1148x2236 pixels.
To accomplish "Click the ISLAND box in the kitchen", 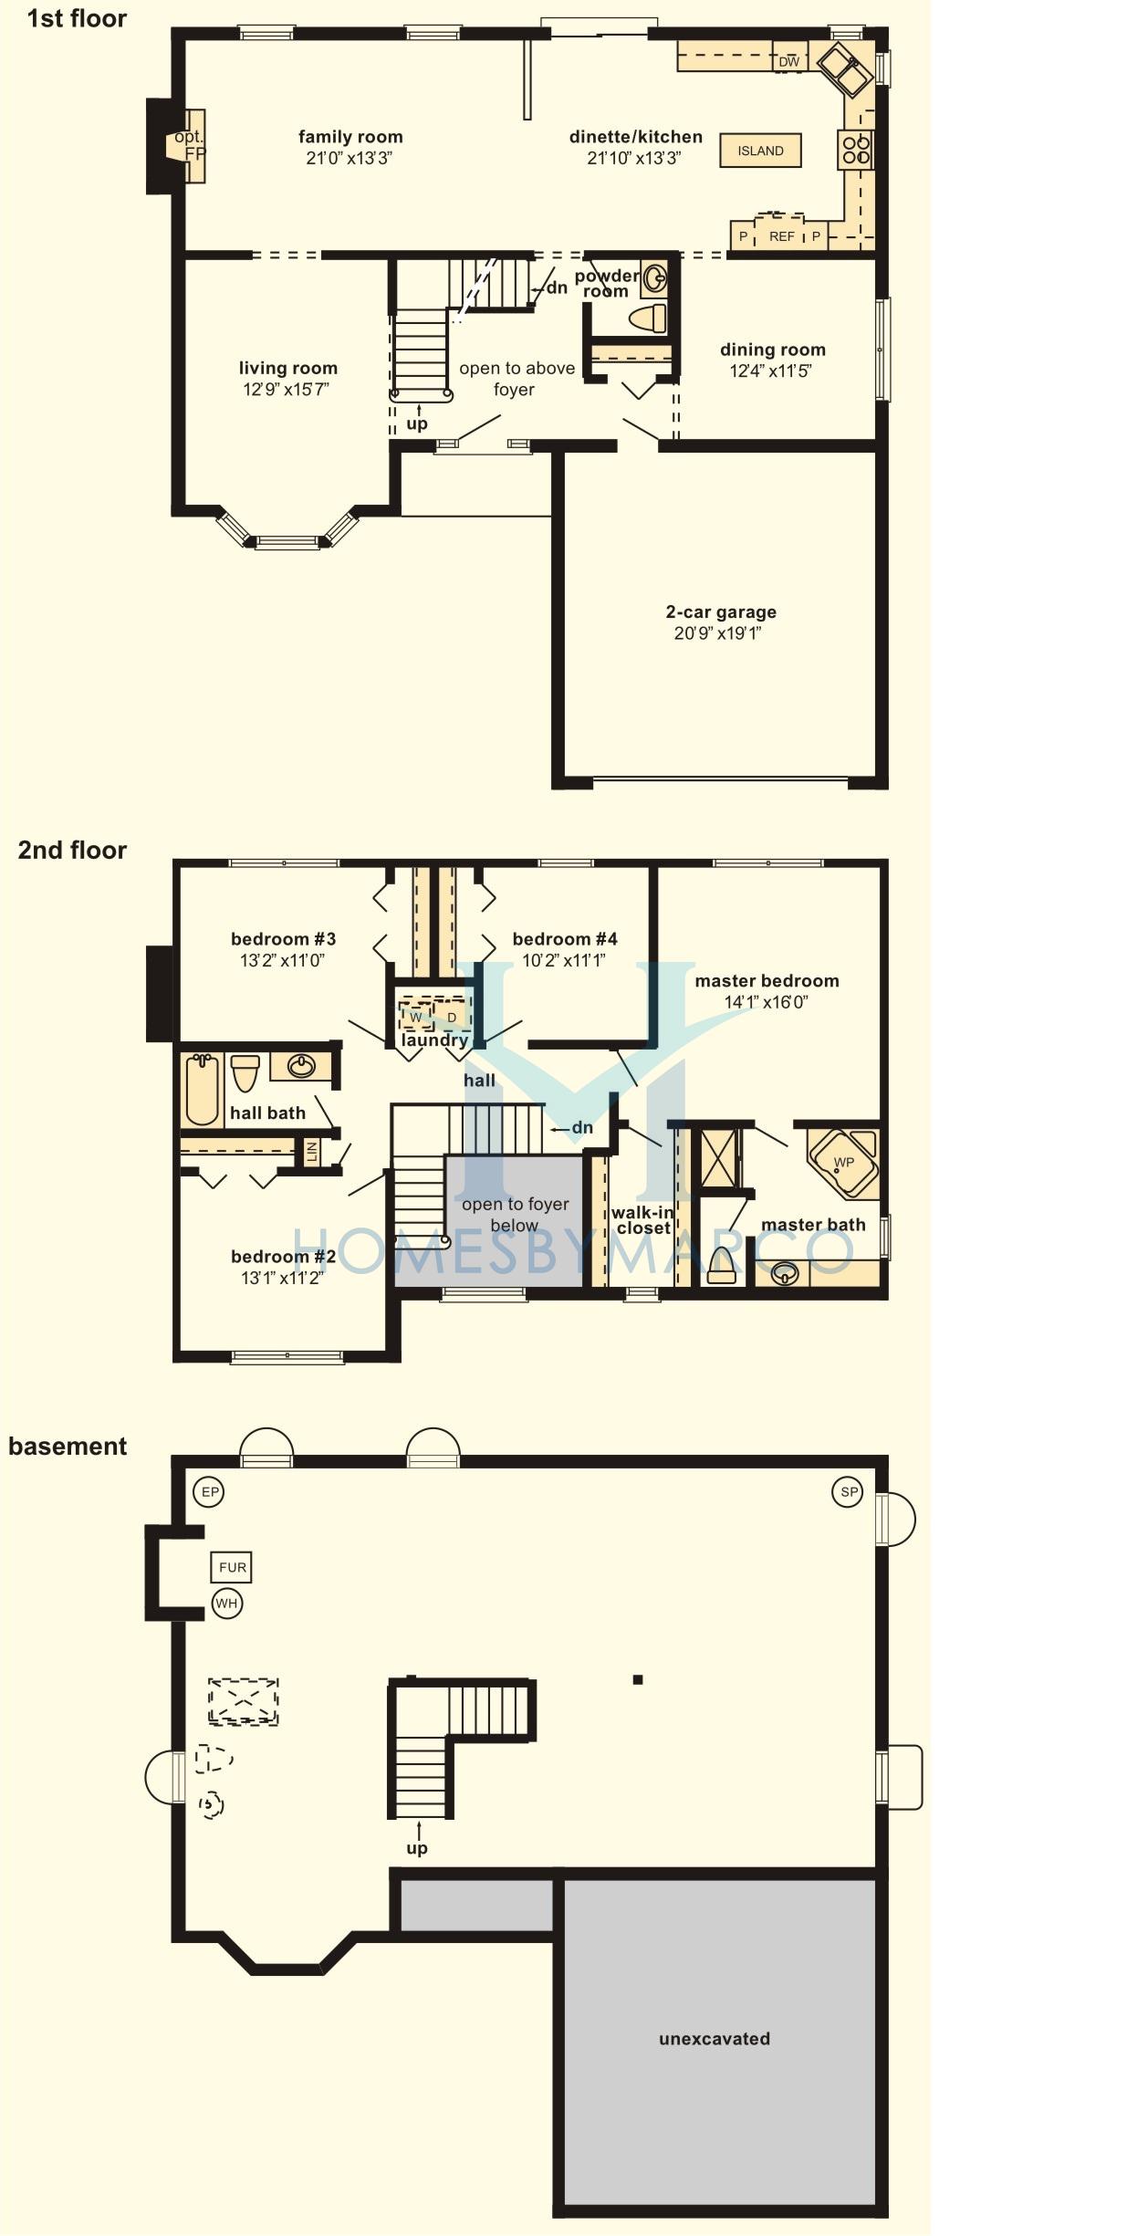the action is [x=760, y=151].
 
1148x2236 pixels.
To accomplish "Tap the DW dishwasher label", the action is [x=788, y=62].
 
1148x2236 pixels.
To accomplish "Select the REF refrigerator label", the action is [x=781, y=236].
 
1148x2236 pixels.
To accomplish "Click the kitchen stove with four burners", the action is [x=855, y=150].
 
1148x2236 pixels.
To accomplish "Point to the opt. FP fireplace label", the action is [x=190, y=145].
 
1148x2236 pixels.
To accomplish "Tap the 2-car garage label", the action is [x=721, y=612].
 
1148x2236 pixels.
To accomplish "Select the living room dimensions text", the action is [x=286, y=390].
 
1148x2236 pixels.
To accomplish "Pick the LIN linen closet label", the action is [x=312, y=1152].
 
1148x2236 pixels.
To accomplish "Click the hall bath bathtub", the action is [x=203, y=1090].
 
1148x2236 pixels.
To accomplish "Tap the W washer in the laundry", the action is [x=416, y=1017].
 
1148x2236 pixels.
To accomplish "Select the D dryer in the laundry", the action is [x=452, y=1017].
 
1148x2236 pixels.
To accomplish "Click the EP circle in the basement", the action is [x=210, y=1492].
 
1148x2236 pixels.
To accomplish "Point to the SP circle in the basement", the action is [x=848, y=1492].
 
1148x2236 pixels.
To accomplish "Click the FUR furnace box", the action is [x=232, y=1567].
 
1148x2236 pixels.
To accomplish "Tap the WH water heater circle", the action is [x=226, y=1604].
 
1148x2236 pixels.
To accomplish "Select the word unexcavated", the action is [x=715, y=2038].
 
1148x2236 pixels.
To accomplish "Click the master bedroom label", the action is [x=767, y=981].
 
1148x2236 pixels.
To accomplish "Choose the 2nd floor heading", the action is [x=72, y=850].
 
